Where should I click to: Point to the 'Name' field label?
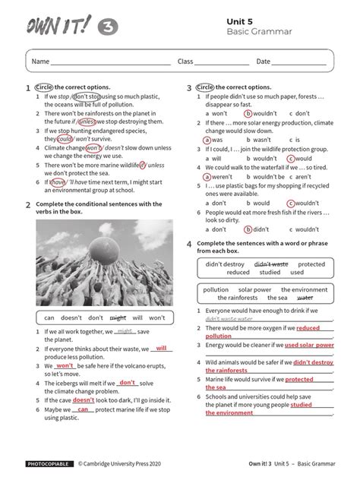point(40,62)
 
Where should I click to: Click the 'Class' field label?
point(186,62)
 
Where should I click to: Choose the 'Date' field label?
point(263,62)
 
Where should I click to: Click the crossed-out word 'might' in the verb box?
point(118,317)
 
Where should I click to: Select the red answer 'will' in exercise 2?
point(160,349)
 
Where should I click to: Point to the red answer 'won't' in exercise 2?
point(65,365)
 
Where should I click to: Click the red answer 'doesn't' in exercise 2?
point(84,399)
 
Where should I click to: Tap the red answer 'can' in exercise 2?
point(83,409)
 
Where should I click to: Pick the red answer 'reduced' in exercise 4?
point(308,328)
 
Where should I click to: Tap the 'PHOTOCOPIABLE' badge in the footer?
point(50,463)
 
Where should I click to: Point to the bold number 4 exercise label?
point(189,245)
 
